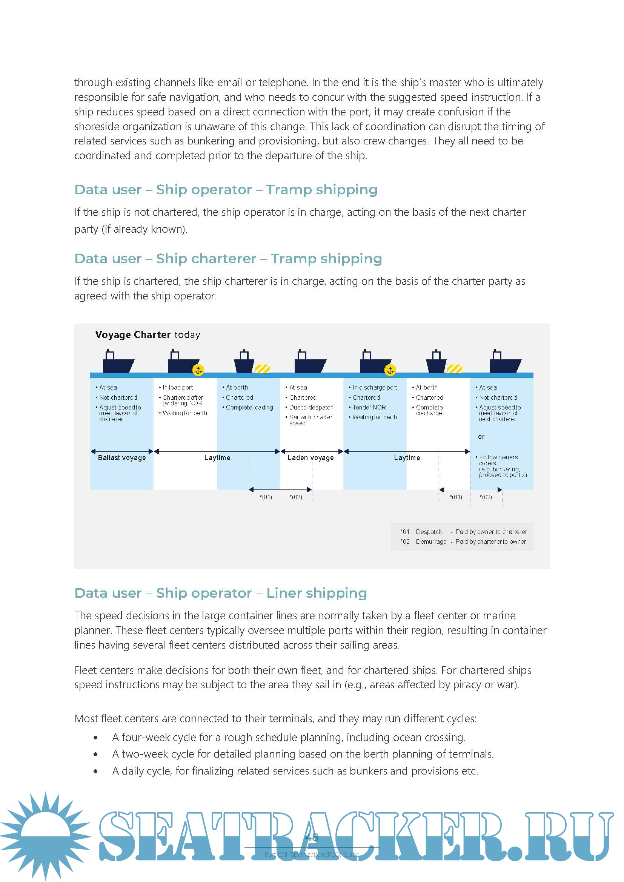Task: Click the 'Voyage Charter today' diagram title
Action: click(148, 334)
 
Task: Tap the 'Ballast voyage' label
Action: click(122, 457)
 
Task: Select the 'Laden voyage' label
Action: click(310, 457)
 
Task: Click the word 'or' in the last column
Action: click(481, 437)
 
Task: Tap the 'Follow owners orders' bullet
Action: click(500, 460)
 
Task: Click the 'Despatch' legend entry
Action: click(429, 532)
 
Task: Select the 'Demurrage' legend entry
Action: click(431, 541)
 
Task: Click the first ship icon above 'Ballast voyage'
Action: click(118, 362)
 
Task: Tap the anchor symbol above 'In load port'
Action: click(198, 370)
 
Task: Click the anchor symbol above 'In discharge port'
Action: click(390, 370)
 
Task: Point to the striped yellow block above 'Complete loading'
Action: click(263, 369)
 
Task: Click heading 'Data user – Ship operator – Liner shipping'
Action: click(221, 593)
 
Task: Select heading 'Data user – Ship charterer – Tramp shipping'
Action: click(228, 259)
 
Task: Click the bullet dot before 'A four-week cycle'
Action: click(95, 738)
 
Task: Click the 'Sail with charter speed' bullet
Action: click(310, 420)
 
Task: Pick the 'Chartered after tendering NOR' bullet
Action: click(183, 400)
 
